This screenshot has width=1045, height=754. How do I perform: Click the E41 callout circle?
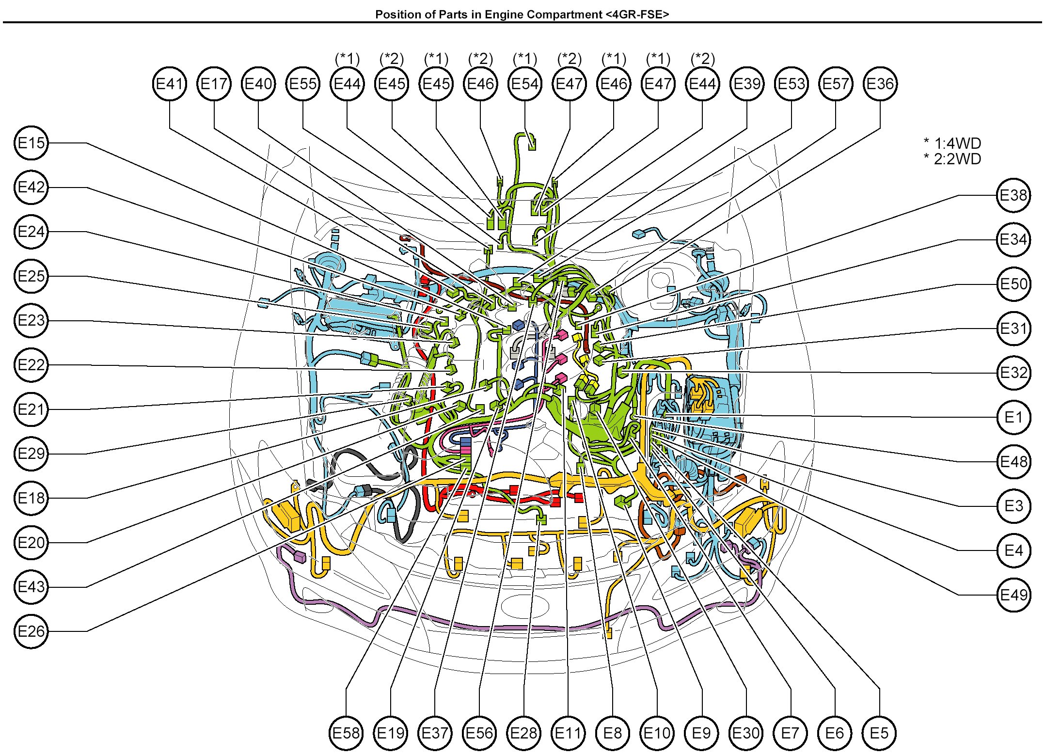click(169, 84)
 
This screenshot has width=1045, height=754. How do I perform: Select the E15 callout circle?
click(32, 143)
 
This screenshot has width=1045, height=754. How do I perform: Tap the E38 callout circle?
click(1013, 195)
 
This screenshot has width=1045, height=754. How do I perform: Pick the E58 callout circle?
click(346, 733)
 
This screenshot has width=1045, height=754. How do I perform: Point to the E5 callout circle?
click(879, 733)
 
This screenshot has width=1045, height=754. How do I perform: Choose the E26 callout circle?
click(32, 631)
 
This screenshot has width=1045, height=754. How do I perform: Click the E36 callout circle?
click(880, 84)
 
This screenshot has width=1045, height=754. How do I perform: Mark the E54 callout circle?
click(525, 84)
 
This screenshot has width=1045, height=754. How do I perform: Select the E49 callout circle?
click(1013, 595)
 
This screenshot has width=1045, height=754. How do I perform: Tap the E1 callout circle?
click(1013, 417)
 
